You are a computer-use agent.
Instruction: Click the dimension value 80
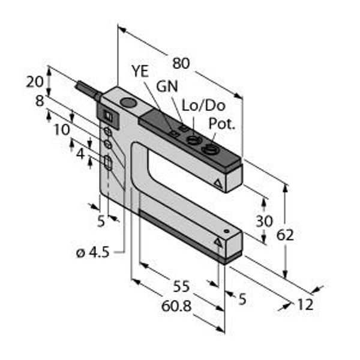click(x=181, y=64)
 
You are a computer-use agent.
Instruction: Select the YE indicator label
click(x=140, y=71)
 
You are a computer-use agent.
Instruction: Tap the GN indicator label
click(x=167, y=86)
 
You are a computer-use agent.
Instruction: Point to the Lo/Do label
click(x=203, y=106)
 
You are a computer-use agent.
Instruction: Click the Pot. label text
click(x=222, y=124)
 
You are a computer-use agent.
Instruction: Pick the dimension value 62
click(x=285, y=235)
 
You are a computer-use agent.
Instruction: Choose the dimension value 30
click(x=264, y=221)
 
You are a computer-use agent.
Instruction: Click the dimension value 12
click(x=305, y=305)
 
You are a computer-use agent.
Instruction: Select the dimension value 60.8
click(x=176, y=306)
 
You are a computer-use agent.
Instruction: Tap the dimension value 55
click(x=181, y=286)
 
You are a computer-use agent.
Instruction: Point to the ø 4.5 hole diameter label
click(x=93, y=253)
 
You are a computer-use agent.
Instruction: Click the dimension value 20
click(x=34, y=82)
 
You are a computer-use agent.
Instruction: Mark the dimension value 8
click(x=40, y=101)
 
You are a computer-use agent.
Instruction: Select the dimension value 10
click(x=62, y=130)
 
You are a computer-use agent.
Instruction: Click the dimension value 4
click(x=80, y=154)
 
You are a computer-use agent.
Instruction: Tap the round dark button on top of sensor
click(x=128, y=102)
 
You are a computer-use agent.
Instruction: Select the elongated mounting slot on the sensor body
click(x=108, y=163)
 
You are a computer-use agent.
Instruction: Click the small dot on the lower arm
click(x=226, y=231)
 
